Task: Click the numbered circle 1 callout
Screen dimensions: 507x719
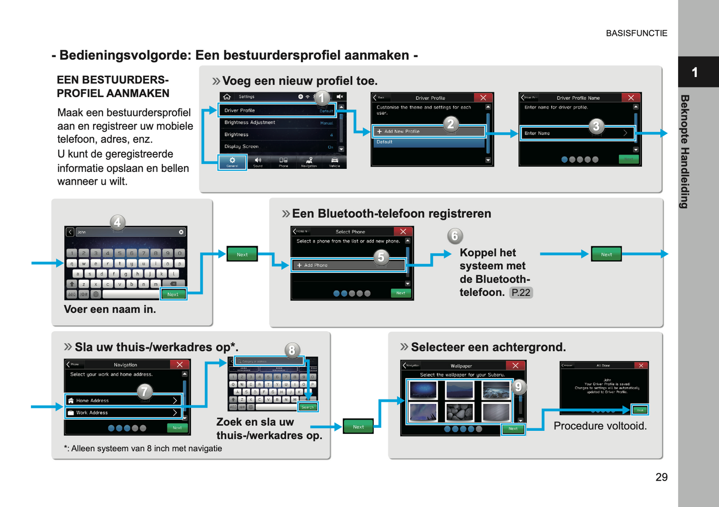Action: [322, 98]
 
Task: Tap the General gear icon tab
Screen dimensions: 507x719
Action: [232, 162]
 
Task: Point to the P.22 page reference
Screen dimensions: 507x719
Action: [521, 293]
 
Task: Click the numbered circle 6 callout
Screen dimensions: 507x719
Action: [454, 236]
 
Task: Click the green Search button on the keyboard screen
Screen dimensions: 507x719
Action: [308, 407]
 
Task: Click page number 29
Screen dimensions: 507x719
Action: [661, 477]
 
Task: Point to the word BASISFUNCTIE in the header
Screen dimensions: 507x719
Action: [636, 33]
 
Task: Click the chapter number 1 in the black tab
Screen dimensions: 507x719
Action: [695, 73]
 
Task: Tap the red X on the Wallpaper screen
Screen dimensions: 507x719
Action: [515, 366]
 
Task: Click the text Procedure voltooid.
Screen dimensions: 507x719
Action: [600, 426]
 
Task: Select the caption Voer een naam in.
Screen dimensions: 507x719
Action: [110, 309]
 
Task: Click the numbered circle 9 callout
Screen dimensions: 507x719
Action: [518, 387]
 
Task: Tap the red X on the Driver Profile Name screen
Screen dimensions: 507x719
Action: [631, 98]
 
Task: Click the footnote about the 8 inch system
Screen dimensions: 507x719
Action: [143, 448]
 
